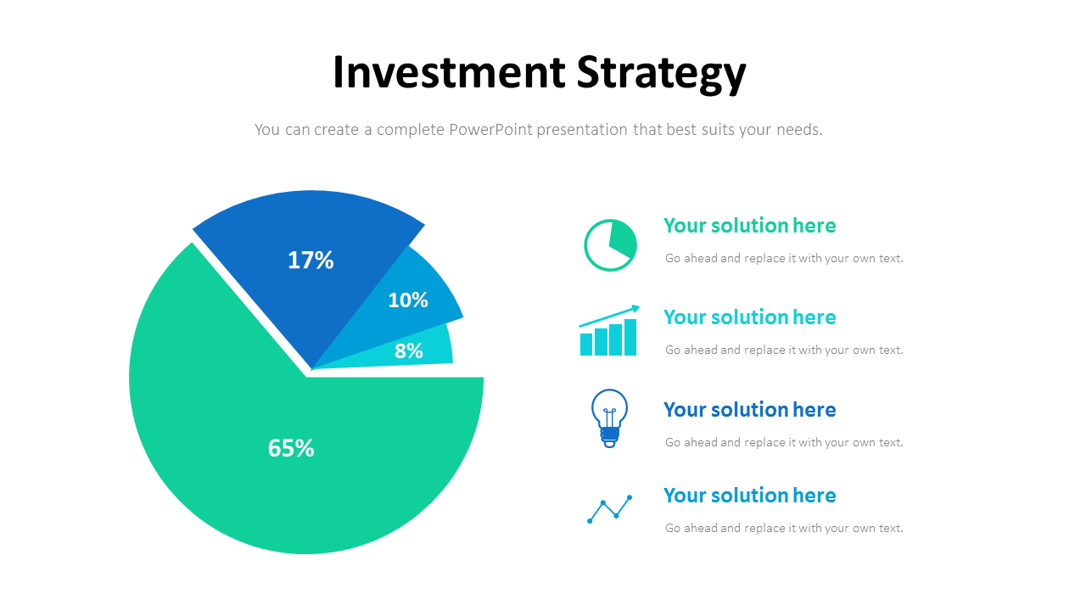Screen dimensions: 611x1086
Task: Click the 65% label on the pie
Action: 291,448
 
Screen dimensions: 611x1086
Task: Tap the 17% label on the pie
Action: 311,260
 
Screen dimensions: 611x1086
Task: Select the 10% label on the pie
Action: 408,300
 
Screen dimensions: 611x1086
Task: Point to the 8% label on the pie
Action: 409,350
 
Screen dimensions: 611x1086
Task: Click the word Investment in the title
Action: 449,73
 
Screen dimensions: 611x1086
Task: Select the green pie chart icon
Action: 610,245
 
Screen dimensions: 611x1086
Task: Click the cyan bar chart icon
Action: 608,337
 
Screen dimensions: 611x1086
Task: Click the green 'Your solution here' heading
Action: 749,226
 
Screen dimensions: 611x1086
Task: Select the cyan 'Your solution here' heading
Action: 749,317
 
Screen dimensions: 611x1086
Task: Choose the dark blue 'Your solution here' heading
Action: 749,410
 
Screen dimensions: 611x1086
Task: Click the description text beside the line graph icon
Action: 784,528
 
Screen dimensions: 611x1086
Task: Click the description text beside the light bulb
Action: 784,442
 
